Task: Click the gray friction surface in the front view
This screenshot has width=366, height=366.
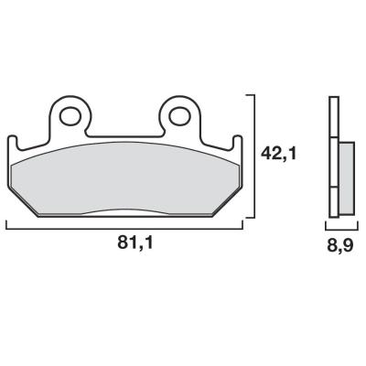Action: [x=125, y=178]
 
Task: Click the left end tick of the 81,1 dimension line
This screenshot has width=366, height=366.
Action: [x=7, y=224]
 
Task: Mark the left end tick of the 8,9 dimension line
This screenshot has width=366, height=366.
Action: [x=328, y=224]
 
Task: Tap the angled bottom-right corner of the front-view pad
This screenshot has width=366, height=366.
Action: [x=224, y=205]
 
